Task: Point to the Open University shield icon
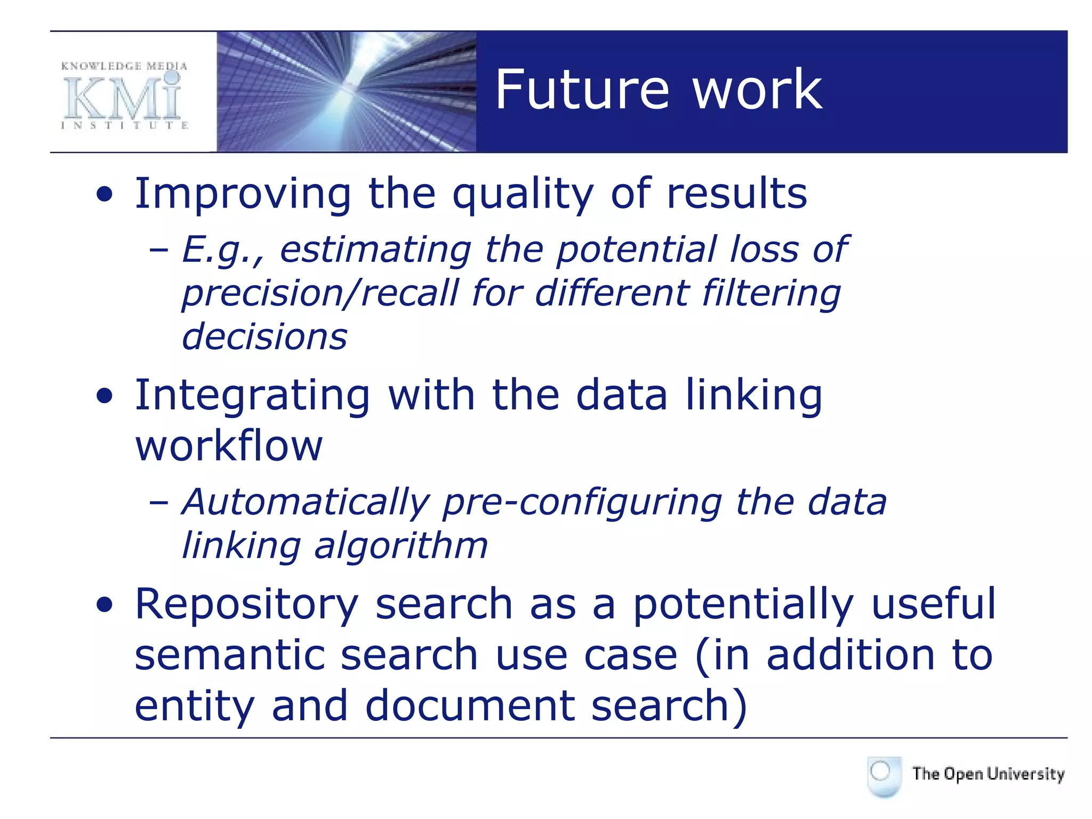click(884, 776)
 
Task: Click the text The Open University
click(988, 774)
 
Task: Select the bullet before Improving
click(105, 195)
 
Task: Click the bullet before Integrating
click(105, 396)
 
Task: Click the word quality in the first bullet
click(523, 195)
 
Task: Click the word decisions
click(264, 337)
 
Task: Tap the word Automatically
click(306, 502)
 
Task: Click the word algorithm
click(401, 546)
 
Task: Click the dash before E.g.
click(159, 249)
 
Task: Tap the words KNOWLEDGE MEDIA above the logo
click(124, 66)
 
